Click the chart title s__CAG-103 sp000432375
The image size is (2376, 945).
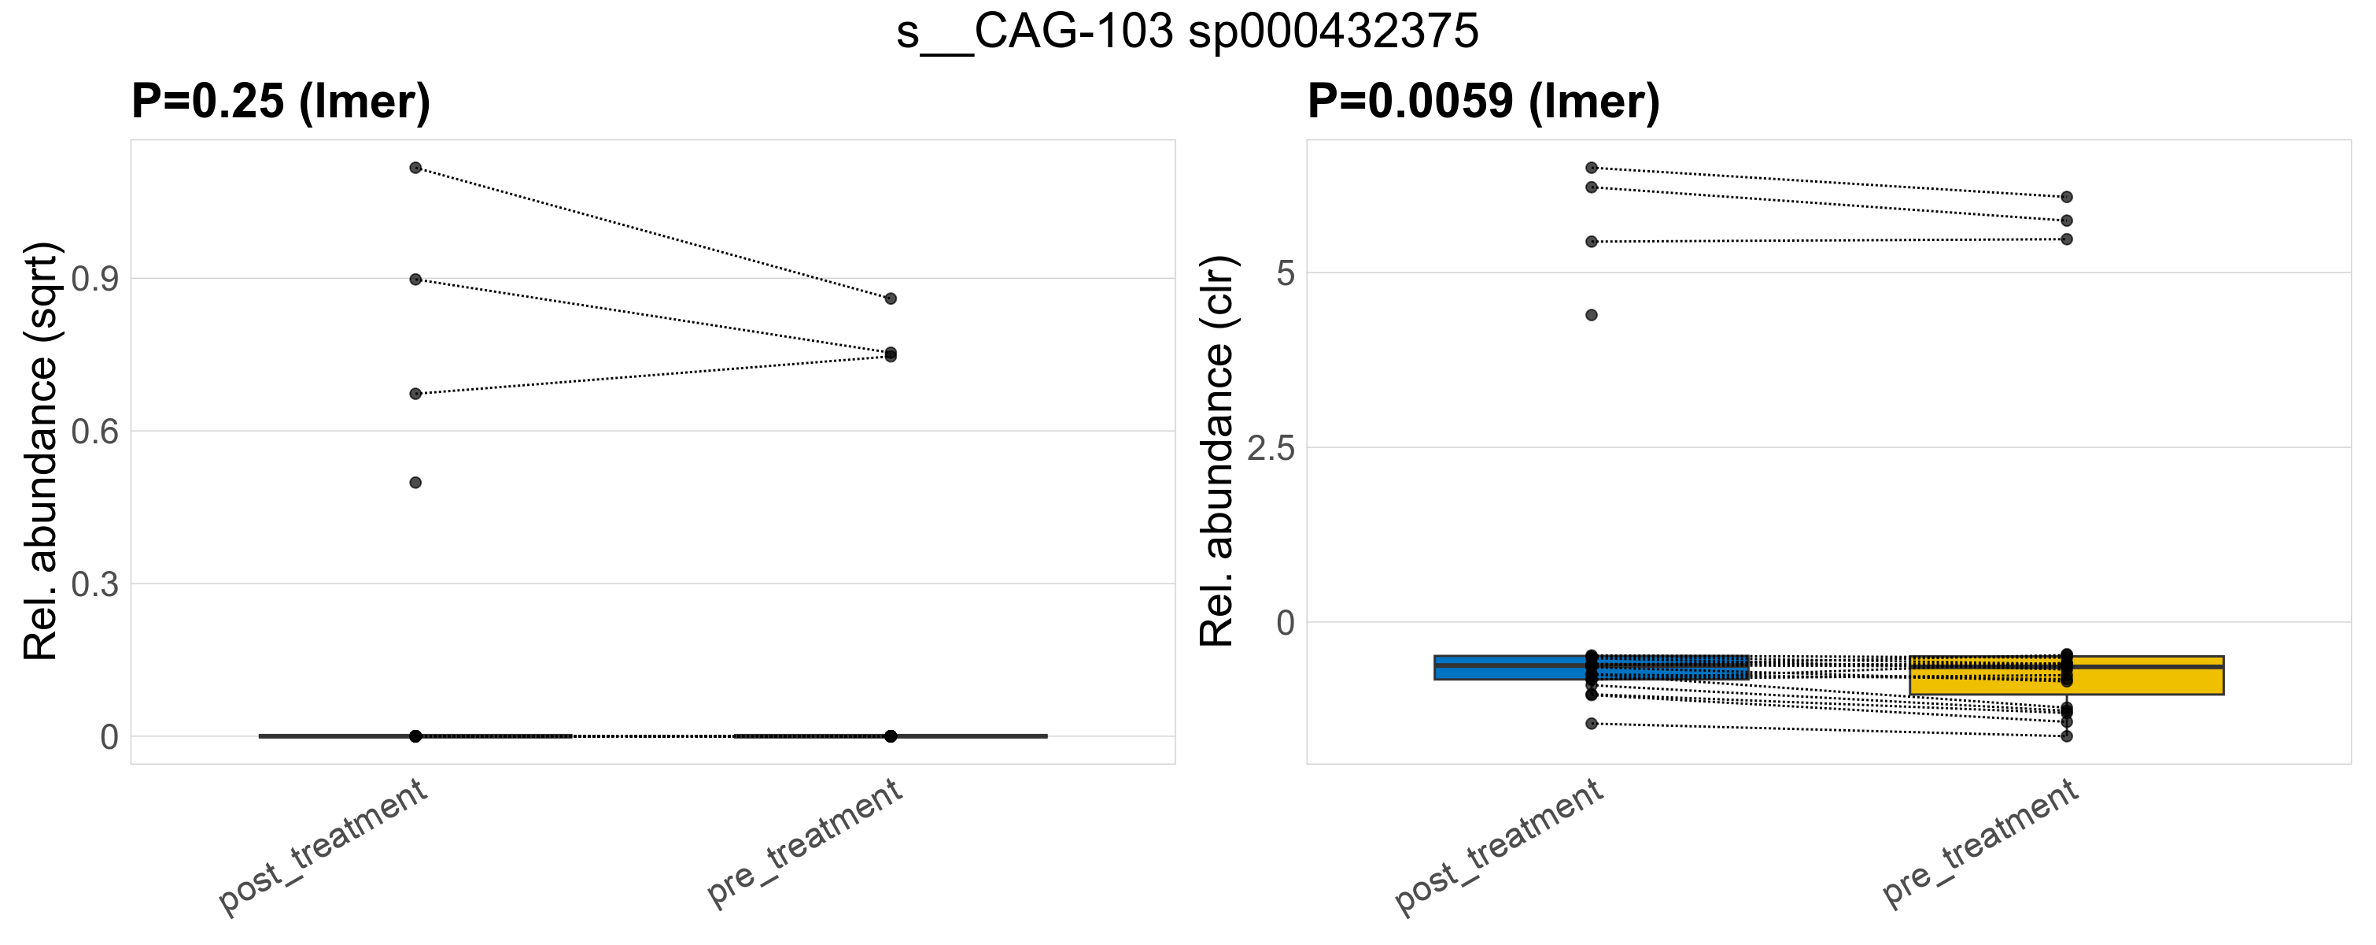click(x=1187, y=32)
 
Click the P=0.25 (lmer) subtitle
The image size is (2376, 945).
click(x=280, y=102)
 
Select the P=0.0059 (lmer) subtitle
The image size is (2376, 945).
click(x=1483, y=102)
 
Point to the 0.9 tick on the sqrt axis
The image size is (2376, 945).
click(x=95, y=279)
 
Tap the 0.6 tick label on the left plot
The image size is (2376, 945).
click(x=95, y=431)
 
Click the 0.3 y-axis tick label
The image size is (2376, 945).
click(x=95, y=584)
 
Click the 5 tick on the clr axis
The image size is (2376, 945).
click(x=1285, y=274)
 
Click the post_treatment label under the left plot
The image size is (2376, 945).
click(x=323, y=847)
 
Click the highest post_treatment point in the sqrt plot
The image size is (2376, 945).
click(x=415, y=168)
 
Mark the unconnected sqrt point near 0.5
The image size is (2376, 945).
click(x=415, y=483)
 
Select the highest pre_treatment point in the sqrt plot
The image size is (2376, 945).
click(x=890, y=299)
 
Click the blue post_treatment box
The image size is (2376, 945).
click(x=1494, y=667)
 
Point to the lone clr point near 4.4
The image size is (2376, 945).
click(x=1591, y=316)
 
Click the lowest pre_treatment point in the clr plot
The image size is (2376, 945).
click(x=2066, y=736)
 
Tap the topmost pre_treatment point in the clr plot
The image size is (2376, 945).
click(x=2066, y=198)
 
